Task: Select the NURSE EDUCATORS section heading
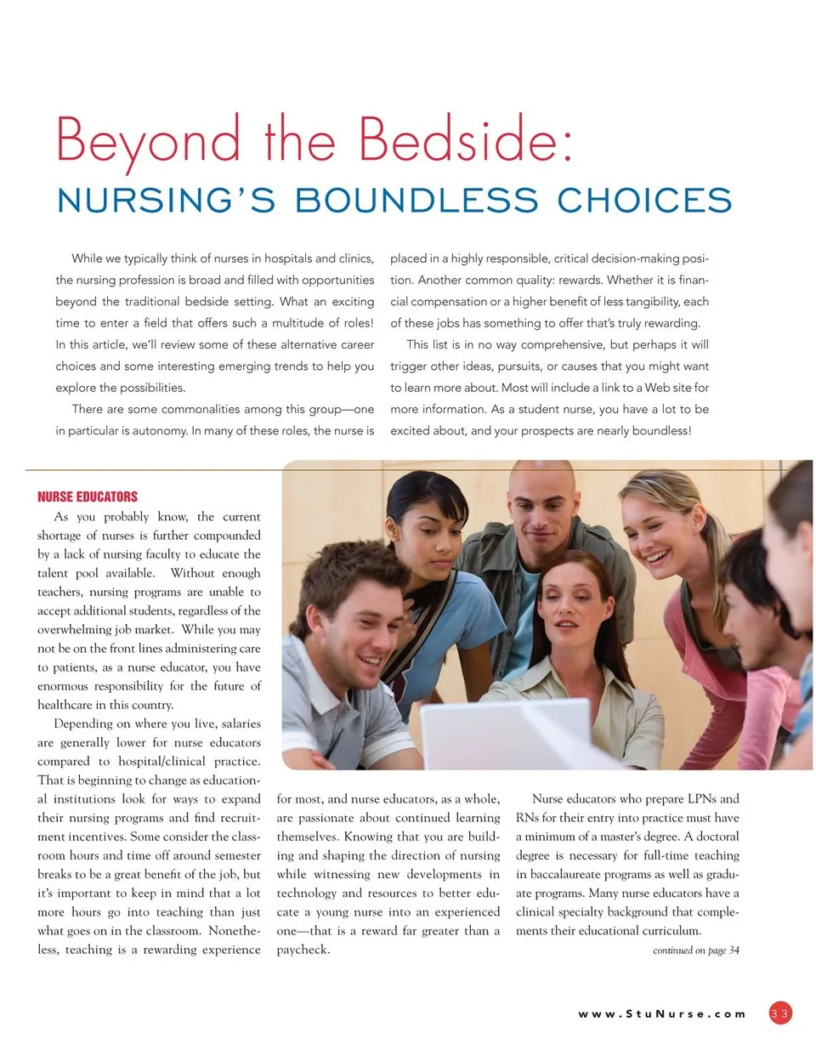click(88, 496)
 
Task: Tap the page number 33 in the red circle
click(780, 1013)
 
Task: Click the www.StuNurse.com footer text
click(662, 1013)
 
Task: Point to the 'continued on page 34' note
click(695, 950)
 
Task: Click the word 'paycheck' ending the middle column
click(303, 950)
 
